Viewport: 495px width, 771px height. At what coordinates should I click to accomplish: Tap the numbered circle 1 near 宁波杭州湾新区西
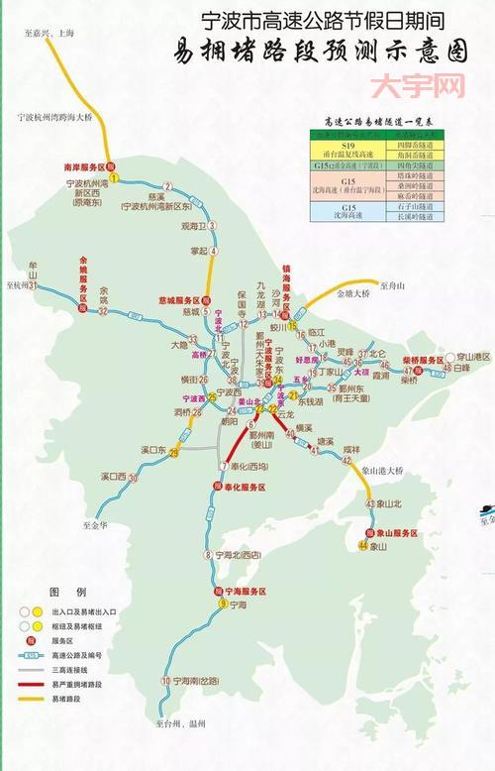pyautogui.click(x=114, y=178)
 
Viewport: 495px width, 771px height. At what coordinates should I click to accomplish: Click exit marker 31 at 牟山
pyautogui.click(x=33, y=285)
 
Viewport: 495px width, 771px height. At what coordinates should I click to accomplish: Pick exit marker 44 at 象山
pyautogui.click(x=363, y=546)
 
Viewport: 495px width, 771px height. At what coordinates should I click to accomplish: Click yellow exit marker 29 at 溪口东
pyautogui.click(x=174, y=453)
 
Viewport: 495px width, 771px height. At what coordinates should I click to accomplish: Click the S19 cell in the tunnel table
pyautogui.click(x=347, y=148)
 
